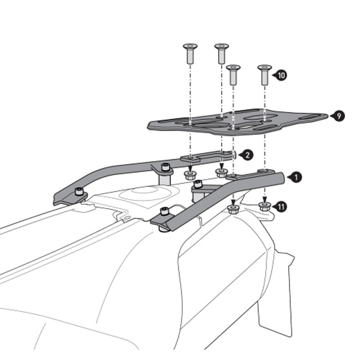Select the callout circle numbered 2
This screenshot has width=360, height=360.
point(247,155)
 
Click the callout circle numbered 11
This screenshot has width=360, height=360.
point(281,207)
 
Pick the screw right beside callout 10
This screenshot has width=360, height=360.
point(265,74)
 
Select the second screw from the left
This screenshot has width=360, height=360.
point(221,53)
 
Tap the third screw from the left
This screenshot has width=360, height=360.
point(233,74)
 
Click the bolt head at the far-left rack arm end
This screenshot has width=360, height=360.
point(80,192)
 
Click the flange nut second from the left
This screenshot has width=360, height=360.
point(221,173)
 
